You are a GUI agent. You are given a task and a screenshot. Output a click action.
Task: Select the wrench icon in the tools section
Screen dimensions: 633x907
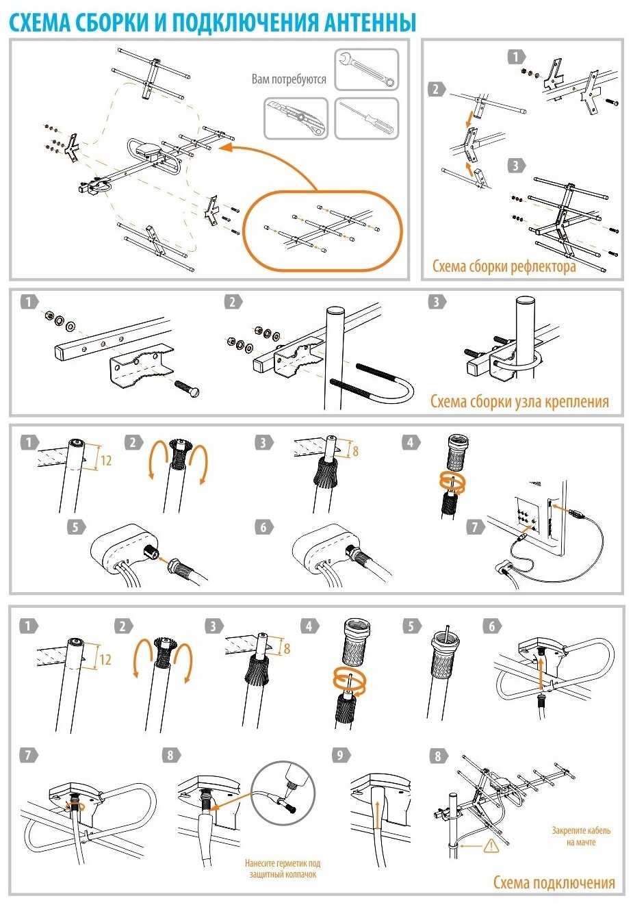click(367, 70)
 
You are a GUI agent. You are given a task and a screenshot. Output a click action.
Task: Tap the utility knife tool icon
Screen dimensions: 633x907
click(296, 118)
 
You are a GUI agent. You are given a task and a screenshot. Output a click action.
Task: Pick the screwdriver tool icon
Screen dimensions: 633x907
click(367, 118)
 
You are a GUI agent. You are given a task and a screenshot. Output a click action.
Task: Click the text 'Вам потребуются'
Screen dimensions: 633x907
click(289, 79)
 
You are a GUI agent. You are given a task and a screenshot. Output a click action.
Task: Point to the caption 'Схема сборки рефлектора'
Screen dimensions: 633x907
click(504, 266)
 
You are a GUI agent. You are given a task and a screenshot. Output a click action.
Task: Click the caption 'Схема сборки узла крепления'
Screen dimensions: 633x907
click(519, 401)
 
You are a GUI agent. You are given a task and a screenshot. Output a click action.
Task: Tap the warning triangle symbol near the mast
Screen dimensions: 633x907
click(490, 845)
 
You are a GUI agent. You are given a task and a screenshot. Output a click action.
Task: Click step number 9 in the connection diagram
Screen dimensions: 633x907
click(340, 755)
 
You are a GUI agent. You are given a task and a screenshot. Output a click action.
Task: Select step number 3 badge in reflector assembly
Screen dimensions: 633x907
click(516, 165)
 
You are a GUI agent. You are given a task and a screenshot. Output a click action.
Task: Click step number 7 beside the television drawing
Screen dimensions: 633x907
click(475, 526)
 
